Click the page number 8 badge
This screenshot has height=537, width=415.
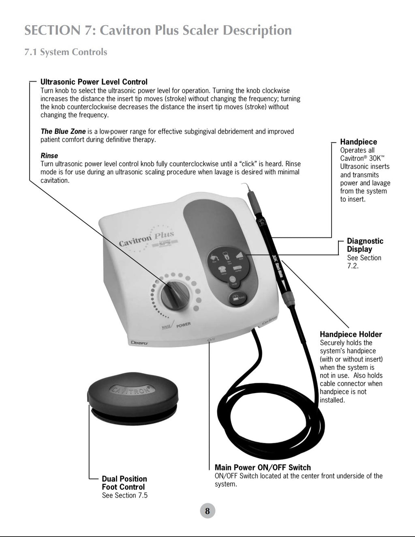pos(207,511)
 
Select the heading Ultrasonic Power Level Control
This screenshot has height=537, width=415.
pos(94,82)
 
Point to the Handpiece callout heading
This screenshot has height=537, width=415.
pos(358,142)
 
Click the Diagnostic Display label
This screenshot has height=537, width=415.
pos(365,245)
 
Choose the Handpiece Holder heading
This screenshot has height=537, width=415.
pos(351,335)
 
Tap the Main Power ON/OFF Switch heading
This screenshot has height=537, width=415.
pos(263,468)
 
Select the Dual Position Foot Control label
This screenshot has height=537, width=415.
pos(124,483)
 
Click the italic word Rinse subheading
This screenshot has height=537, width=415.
pos(49,156)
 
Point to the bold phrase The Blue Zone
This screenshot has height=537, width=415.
pos(63,131)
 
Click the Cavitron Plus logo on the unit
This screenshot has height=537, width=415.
pos(147,240)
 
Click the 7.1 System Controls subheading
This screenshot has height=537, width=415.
pos(66,52)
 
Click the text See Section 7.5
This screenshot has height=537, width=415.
pos(124,495)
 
